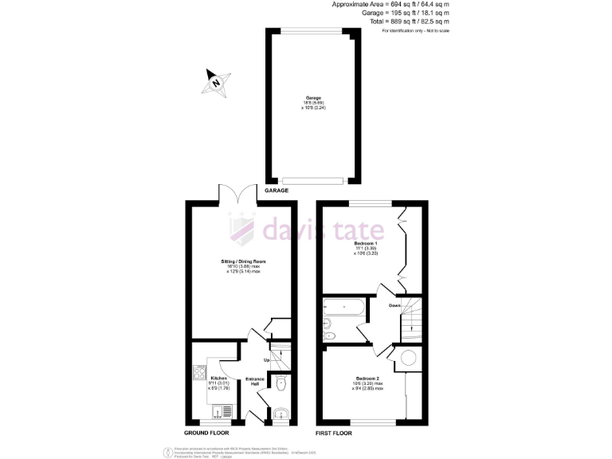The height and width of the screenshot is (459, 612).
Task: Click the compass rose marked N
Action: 215,82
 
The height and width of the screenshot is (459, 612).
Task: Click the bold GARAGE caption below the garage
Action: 277,191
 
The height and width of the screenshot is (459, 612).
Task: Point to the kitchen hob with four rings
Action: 199,372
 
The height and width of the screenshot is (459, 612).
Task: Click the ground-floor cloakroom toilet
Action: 282,385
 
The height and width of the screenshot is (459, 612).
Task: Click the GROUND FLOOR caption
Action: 206,433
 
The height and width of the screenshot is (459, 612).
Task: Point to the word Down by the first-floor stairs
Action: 394,305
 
